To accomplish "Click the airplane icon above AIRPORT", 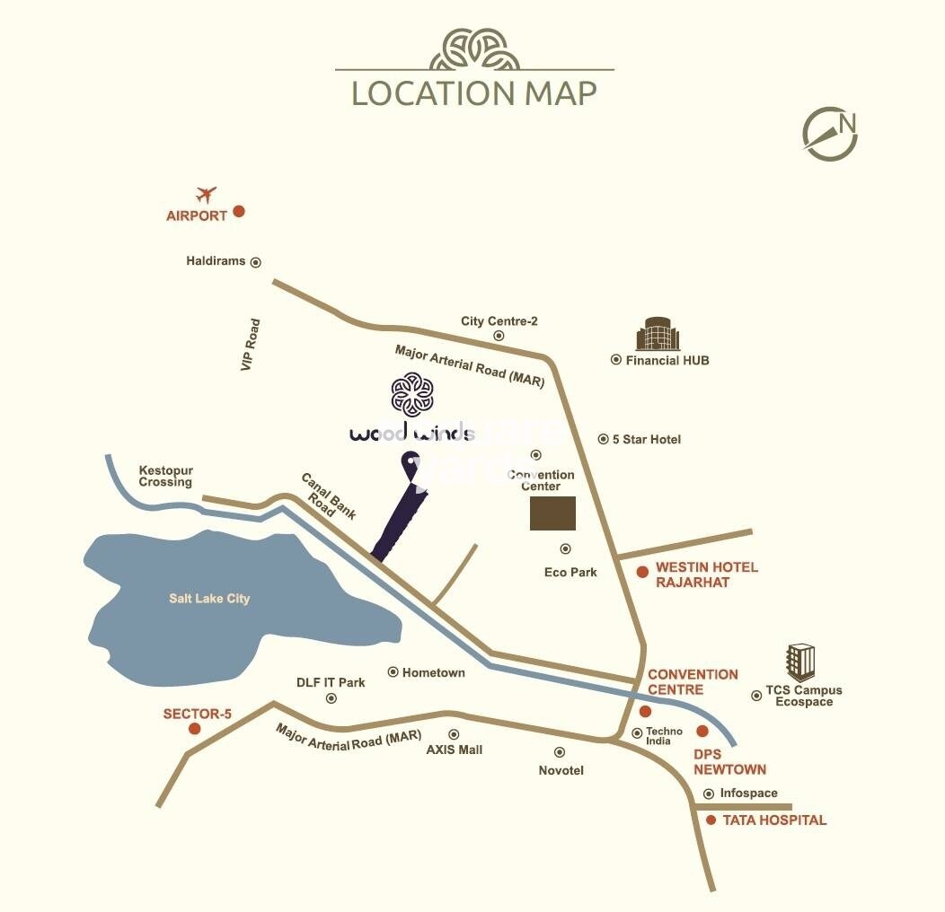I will coord(207,194).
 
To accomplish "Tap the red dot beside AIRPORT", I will coord(239,212).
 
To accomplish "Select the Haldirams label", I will coord(216,261).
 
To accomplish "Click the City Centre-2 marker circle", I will coord(499,336).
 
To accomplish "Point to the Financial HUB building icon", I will coord(658,335).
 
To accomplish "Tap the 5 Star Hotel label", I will coord(647,439).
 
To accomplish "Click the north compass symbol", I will coord(830,134).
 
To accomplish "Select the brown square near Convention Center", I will coord(552,512).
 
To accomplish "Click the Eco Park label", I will coord(570,572).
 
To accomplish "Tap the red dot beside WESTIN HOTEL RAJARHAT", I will coord(642,572).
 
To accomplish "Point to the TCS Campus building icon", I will coord(800,662).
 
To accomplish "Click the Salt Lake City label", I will coord(209,599).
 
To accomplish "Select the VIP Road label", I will coord(250,345).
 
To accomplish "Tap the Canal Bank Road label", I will coord(327,496).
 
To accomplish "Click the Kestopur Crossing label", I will coord(165,477).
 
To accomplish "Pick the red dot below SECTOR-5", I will coord(194,729).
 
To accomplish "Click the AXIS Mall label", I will coord(454,750).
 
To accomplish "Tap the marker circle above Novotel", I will coord(560,752).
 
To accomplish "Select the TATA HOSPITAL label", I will coord(774,820).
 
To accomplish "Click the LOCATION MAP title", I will coord(473,93).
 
